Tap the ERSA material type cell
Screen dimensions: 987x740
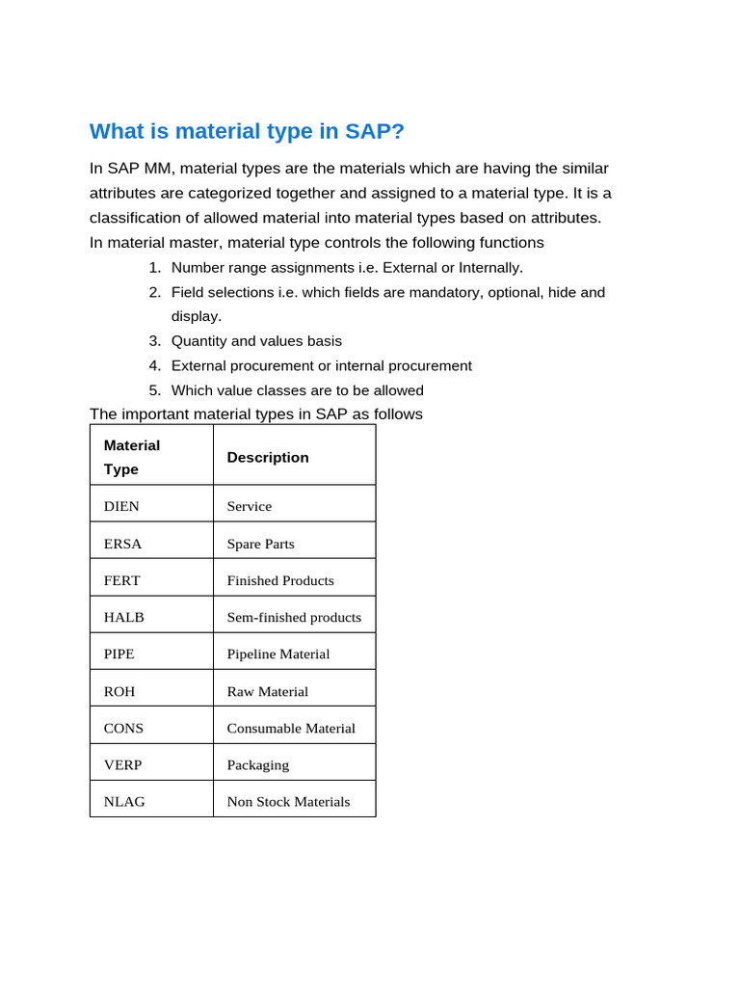coord(122,544)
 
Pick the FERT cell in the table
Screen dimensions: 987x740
coord(121,580)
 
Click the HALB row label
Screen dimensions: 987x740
coord(123,617)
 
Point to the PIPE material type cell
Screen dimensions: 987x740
coord(119,654)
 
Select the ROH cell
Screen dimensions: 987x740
coord(119,691)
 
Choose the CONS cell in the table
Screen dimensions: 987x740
coord(123,728)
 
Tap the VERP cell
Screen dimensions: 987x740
coord(122,764)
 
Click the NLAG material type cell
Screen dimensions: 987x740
coord(124,801)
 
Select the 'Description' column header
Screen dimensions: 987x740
coord(268,457)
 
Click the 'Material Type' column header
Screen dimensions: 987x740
coord(132,457)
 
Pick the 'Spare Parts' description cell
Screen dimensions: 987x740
coord(260,544)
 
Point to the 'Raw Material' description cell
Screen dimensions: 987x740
coord(267,691)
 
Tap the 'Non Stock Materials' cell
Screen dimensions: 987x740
coord(288,801)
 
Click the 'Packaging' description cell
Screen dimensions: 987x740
coord(257,764)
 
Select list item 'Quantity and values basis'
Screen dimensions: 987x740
coord(256,341)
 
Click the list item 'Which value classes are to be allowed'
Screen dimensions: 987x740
coord(297,390)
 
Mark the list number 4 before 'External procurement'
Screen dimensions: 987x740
coord(154,366)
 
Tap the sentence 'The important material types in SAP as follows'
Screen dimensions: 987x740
coord(255,414)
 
